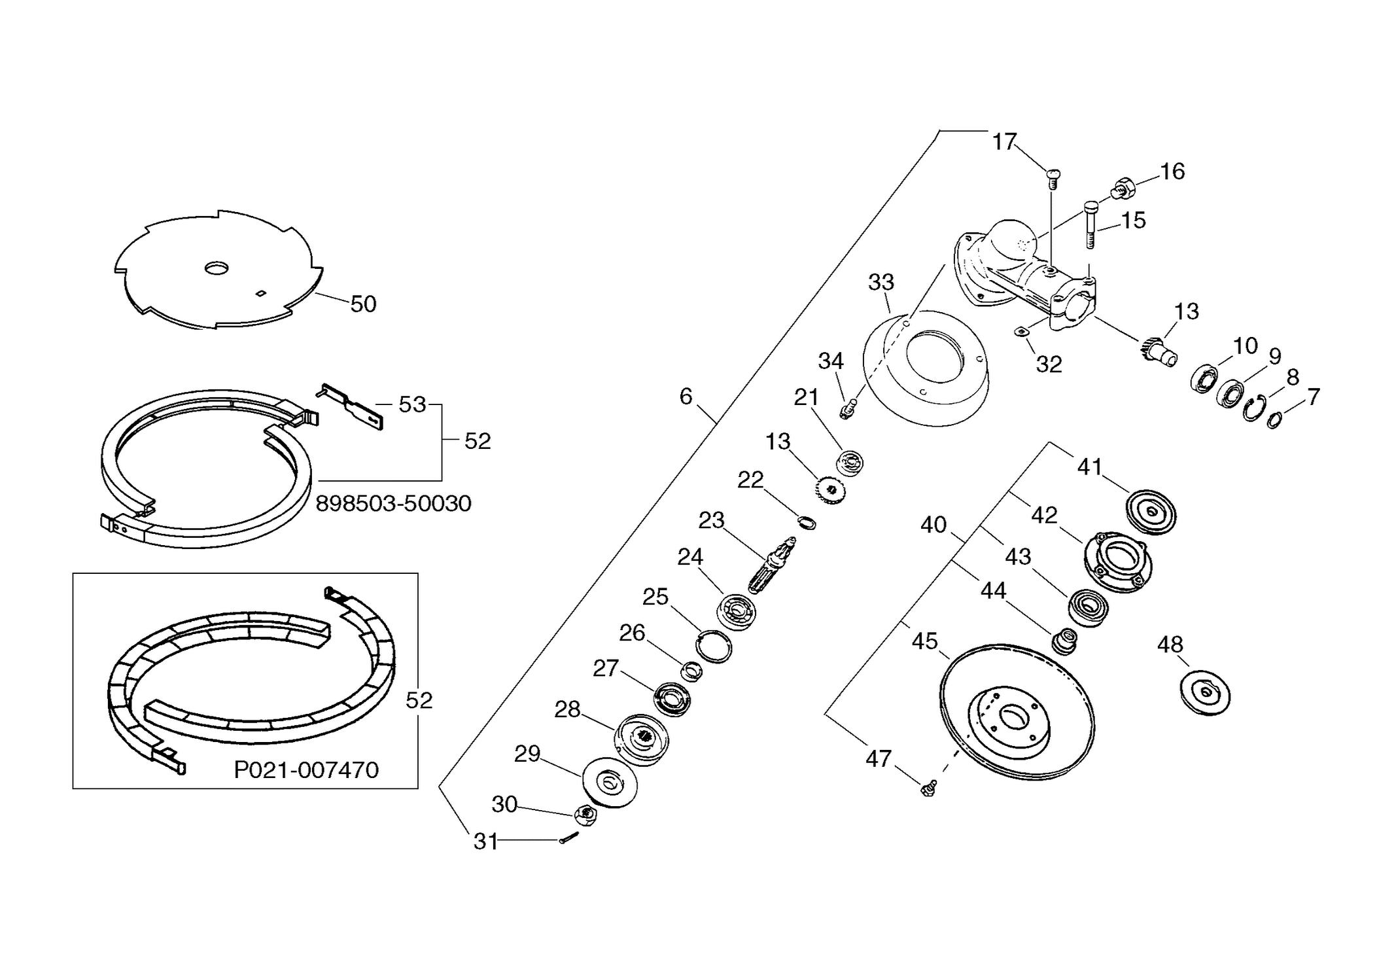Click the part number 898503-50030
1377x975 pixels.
pyautogui.click(x=393, y=503)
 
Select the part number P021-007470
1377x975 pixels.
pyautogui.click(x=306, y=770)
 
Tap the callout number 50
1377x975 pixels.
pyautogui.click(x=363, y=304)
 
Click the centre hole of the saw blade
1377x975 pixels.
pyautogui.click(x=217, y=268)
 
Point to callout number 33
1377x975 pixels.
pyautogui.click(x=880, y=282)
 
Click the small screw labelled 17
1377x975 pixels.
pyautogui.click(x=1053, y=179)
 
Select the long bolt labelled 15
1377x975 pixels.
pyautogui.click(x=1090, y=224)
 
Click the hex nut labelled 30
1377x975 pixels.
pyautogui.click(x=585, y=815)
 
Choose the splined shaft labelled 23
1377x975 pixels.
pyautogui.click(x=772, y=562)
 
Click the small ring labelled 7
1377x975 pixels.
pyautogui.click(x=1274, y=420)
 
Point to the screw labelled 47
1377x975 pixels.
pyautogui.click(x=928, y=788)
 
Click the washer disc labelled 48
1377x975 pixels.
pyautogui.click(x=1205, y=693)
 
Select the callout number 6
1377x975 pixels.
pyautogui.click(x=686, y=396)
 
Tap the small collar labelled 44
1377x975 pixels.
pyautogui.click(x=1064, y=640)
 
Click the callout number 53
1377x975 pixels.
pyautogui.click(x=412, y=404)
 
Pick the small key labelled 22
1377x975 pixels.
pyautogui.click(x=807, y=522)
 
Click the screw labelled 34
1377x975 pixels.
pyautogui.click(x=847, y=410)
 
